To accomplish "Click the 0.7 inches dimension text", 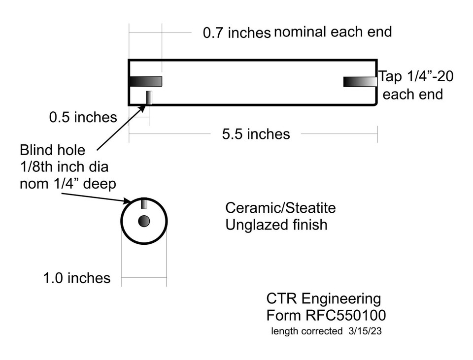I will [236, 33].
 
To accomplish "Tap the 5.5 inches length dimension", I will [256, 134].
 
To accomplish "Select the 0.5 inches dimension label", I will [83, 117].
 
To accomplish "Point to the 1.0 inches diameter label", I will [76, 278].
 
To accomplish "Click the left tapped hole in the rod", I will [146, 81].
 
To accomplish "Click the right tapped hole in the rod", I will [360, 81].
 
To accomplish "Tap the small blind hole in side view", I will [149, 98].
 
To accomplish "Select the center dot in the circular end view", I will [144, 221].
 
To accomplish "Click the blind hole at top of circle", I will [144, 203].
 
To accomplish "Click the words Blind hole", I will [52, 150].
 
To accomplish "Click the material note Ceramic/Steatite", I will [280, 208].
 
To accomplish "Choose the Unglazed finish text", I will [276, 225].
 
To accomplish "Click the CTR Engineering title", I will [323, 298].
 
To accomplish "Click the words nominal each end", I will [333, 32].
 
